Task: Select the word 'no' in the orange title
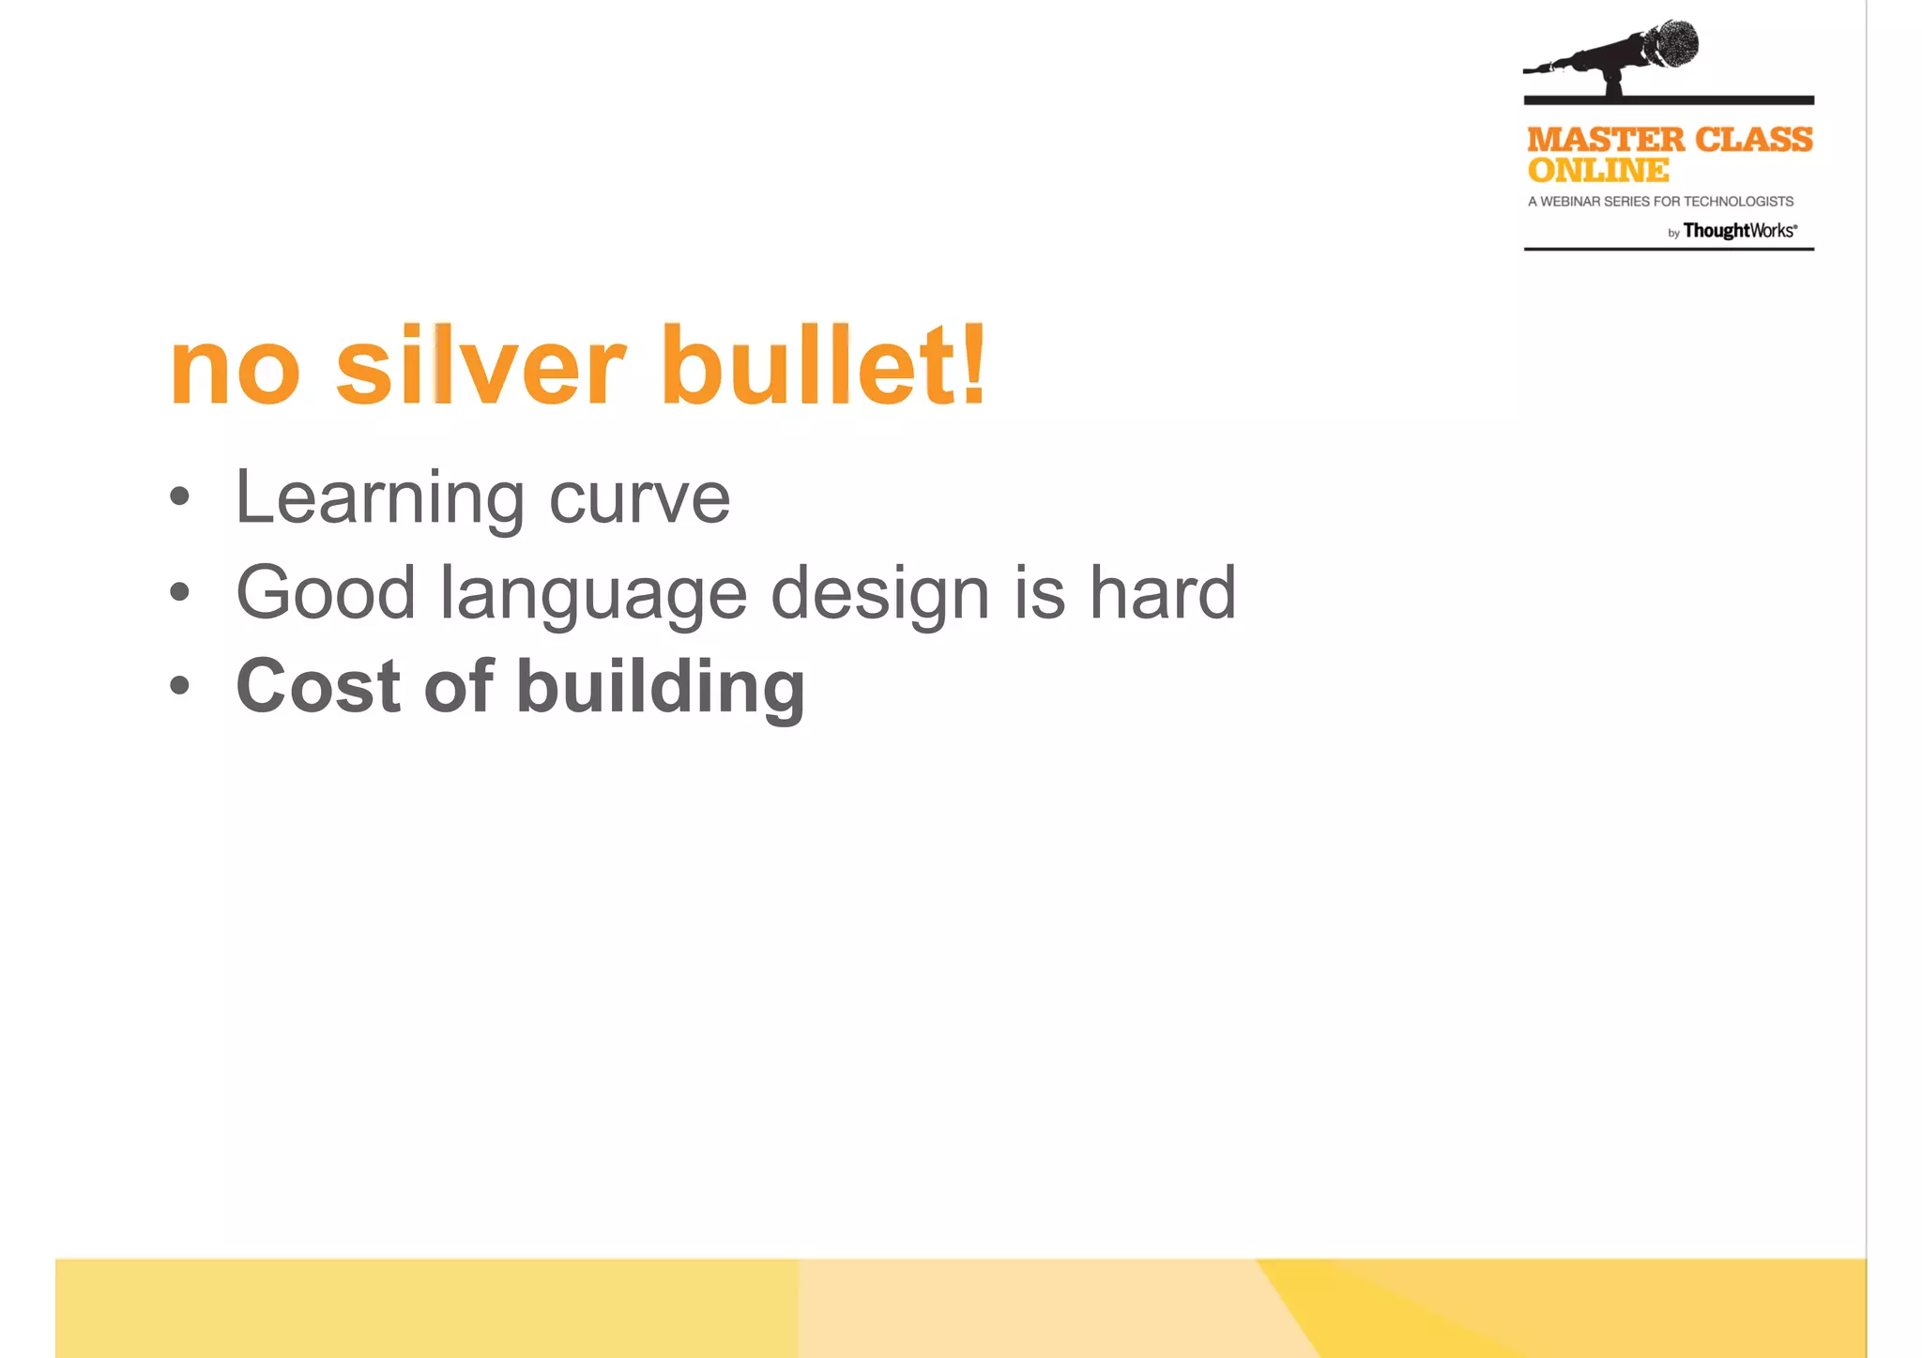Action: [235, 371]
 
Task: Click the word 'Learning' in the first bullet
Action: [379, 498]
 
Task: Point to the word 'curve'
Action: [639, 498]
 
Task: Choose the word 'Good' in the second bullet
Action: [326, 593]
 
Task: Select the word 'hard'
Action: [1162, 593]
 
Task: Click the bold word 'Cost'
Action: [317, 686]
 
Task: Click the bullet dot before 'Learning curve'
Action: [179, 496]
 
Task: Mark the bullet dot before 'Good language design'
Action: [179, 591]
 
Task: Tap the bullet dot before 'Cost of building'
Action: [179, 685]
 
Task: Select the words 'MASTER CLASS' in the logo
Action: [1670, 140]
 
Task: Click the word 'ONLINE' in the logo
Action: [1597, 171]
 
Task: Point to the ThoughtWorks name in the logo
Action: [1738, 231]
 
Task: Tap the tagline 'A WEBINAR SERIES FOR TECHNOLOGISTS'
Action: [1660, 202]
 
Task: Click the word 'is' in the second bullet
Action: [1039, 593]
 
